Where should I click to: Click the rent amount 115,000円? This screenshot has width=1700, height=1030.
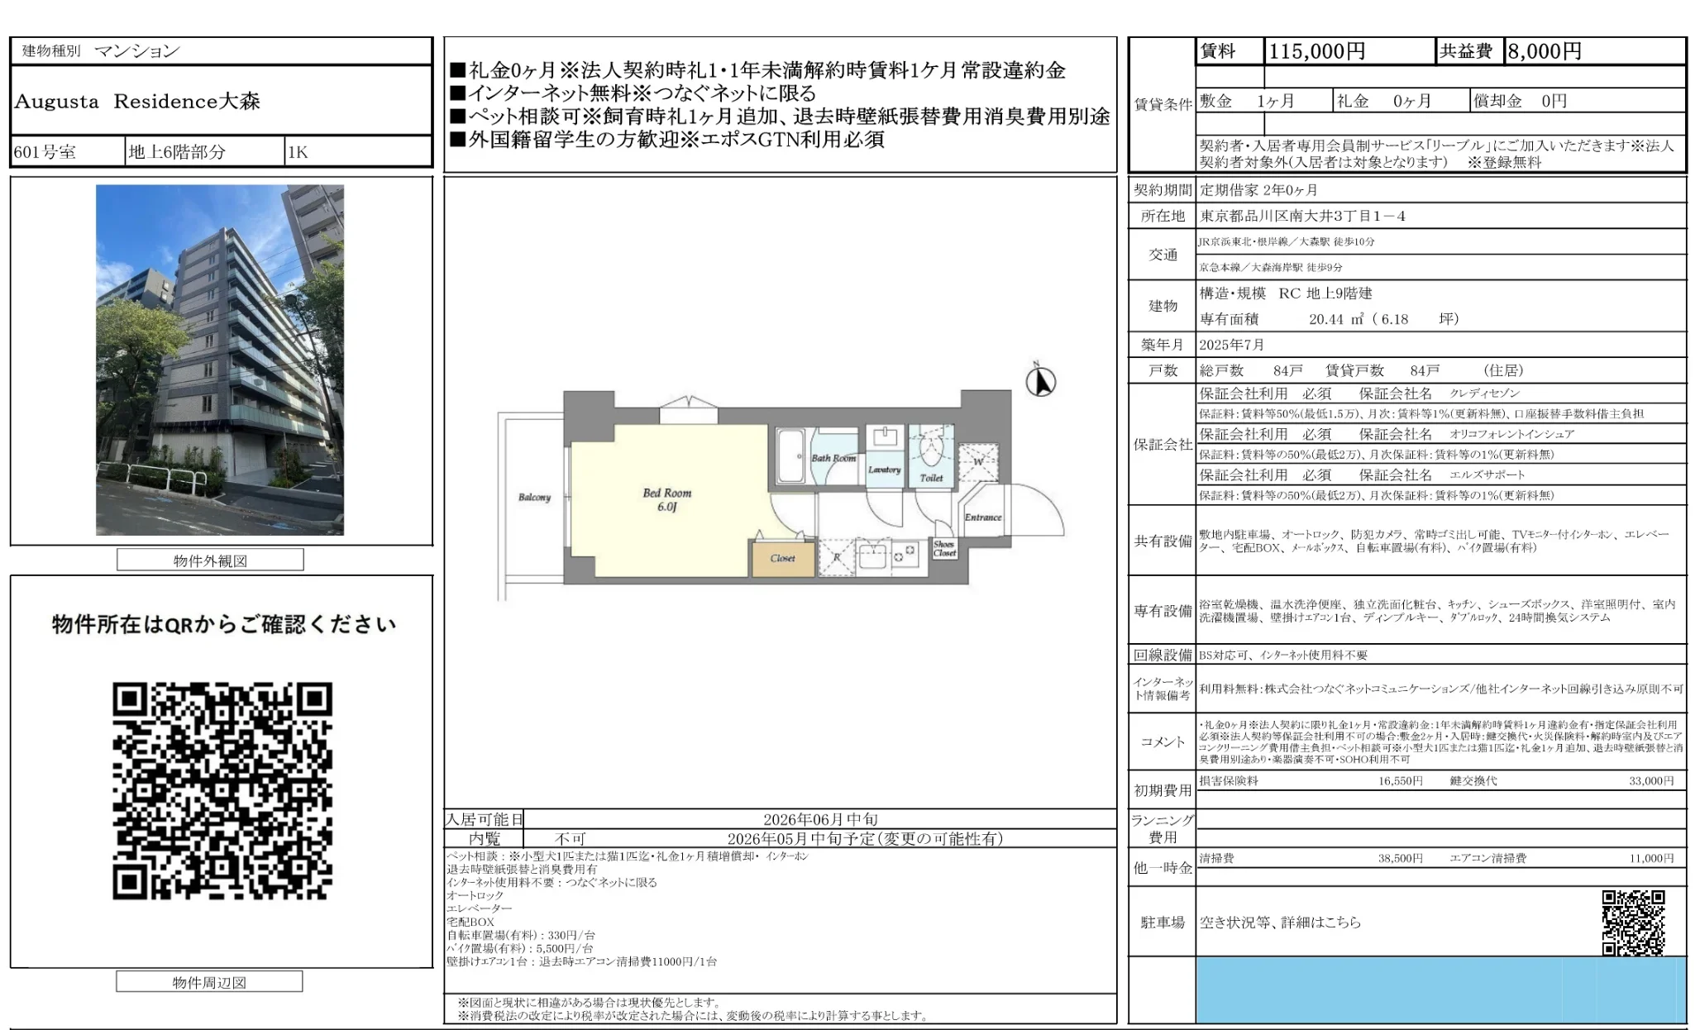(x=1316, y=51)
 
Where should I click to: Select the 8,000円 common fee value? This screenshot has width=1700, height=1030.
(x=1545, y=51)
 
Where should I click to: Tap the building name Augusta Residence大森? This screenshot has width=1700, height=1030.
(x=137, y=102)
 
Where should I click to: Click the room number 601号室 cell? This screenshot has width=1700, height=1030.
(x=45, y=152)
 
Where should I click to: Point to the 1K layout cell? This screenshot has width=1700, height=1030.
(x=298, y=152)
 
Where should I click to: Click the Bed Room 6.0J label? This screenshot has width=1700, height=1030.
(x=666, y=499)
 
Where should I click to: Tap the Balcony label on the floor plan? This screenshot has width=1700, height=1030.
(x=534, y=497)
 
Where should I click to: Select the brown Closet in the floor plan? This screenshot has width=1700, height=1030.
(x=782, y=558)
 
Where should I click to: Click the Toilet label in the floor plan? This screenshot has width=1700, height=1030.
(x=931, y=478)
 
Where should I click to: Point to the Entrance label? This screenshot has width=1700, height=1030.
(x=982, y=517)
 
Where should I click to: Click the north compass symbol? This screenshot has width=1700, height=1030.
(x=1040, y=382)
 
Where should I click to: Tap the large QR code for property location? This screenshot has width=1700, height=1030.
(x=222, y=790)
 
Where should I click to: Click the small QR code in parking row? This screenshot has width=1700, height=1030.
(x=1633, y=923)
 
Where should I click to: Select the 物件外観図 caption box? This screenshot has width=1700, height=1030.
(x=210, y=560)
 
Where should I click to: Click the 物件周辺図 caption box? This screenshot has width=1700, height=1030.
(x=209, y=982)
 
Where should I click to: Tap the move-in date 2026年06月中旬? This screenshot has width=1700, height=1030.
(x=820, y=819)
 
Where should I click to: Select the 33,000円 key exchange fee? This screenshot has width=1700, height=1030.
(x=1650, y=780)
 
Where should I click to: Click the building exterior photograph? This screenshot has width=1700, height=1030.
(x=220, y=360)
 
